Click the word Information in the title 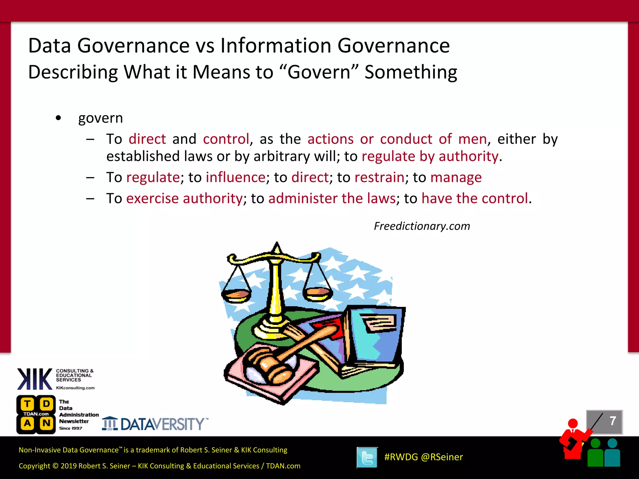pyautogui.click(x=276, y=46)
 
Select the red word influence pyautogui.click(x=236, y=177)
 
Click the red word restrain pyautogui.click(x=379, y=177)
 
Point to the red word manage pyautogui.click(x=456, y=177)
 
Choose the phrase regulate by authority pyautogui.click(x=430, y=156)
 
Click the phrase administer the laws pyautogui.click(x=332, y=198)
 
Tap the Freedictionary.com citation pyautogui.click(x=422, y=226)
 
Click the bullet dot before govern pyautogui.click(x=58, y=118)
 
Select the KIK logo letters pyautogui.click(x=35, y=379)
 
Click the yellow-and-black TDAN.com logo pyautogui.click(x=36, y=414)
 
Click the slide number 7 pyautogui.click(x=612, y=421)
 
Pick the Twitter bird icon pyautogui.click(x=367, y=457)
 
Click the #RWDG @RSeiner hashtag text pyautogui.click(x=423, y=457)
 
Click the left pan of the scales pyautogui.click(x=236, y=295)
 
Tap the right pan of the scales pyautogui.click(x=317, y=293)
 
